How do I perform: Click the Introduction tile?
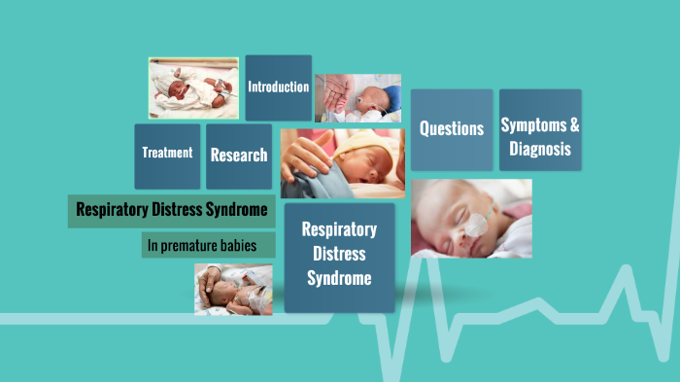point(278,87)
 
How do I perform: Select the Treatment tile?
point(167,154)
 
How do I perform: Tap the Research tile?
point(239,155)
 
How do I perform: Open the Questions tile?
point(451,129)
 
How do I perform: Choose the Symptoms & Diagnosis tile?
point(540,137)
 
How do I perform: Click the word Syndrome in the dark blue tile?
point(339,278)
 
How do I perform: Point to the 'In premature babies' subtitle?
point(202,245)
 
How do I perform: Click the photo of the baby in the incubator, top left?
point(192,87)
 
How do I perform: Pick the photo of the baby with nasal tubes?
point(470,218)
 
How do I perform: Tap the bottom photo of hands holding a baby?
point(232,289)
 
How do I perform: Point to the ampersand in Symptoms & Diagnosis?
point(574,125)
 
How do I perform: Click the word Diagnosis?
point(539,151)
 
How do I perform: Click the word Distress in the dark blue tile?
point(339,254)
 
